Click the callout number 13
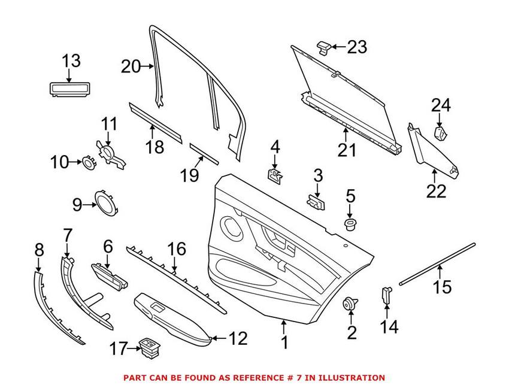(x=71, y=61)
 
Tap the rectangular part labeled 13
(x=69, y=89)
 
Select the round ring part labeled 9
(x=106, y=204)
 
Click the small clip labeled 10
(x=88, y=162)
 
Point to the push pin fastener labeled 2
(x=350, y=303)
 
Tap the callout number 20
(x=131, y=66)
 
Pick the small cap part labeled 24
(x=441, y=134)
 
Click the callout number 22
(x=437, y=191)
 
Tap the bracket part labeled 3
(x=317, y=202)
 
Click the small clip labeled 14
(x=386, y=294)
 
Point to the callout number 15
(x=443, y=287)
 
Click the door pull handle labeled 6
(x=110, y=275)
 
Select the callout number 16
(x=177, y=248)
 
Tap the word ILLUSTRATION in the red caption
(x=352, y=378)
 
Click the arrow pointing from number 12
(x=219, y=338)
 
